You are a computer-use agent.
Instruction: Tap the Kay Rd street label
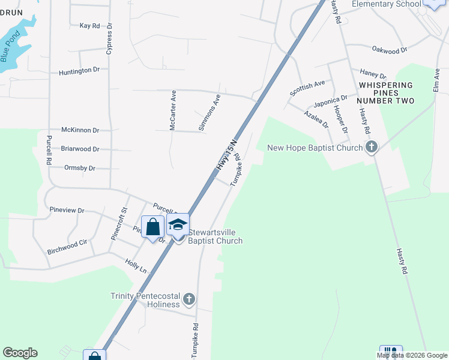point(89,26)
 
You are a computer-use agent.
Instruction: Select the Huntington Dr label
point(79,71)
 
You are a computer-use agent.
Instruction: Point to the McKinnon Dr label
point(80,130)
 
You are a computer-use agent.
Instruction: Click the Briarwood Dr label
point(80,148)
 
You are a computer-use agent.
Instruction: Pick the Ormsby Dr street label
point(79,168)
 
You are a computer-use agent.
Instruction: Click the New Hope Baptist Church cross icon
point(372,147)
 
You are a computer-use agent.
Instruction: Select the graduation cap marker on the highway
point(178,226)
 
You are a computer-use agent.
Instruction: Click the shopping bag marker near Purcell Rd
point(152,226)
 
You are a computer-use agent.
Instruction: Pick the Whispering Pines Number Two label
point(386,93)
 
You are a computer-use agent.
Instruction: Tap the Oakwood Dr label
point(390,50)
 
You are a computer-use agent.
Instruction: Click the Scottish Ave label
point(307,88)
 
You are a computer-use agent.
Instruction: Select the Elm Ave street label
point(436,80)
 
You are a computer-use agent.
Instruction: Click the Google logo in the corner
point(20,353)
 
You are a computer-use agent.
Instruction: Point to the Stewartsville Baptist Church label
point(215,236)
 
